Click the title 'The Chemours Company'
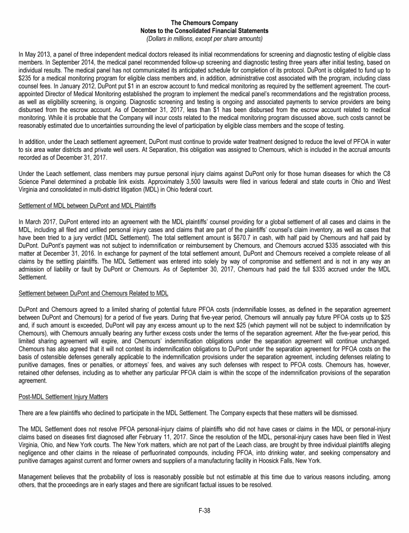click(204, 23)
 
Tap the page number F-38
click(204, 511)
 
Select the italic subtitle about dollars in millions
click(204, 39)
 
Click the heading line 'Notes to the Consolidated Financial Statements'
click(204, 31)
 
